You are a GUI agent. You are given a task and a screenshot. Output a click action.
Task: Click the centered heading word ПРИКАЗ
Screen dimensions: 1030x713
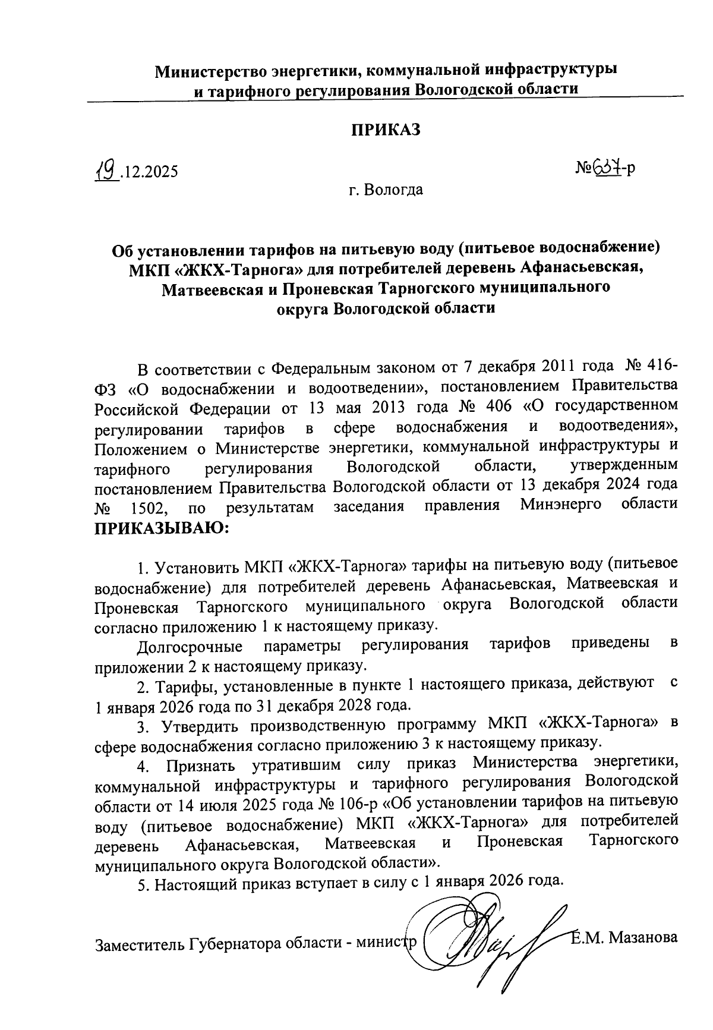click(x=386, y=130)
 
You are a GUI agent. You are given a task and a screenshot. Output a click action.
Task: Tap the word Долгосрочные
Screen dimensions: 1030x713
click(x=190, y=645)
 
